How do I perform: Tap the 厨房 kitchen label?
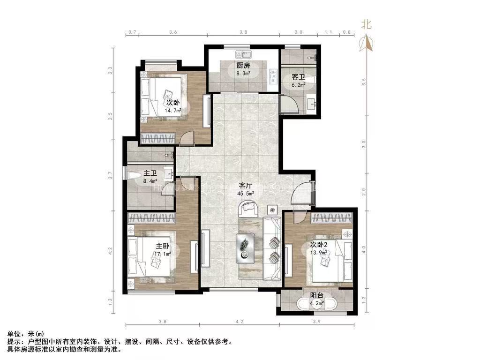(x=243, y=66)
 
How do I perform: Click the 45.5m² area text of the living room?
(x=245, y=193)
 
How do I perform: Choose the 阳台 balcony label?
(x=316, y=295)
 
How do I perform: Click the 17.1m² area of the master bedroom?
(x=162, y=254)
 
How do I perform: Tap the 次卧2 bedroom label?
(x=320, y=244)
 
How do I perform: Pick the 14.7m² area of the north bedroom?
(x=172, y=111)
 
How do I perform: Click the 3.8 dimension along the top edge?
(x=243, y=32)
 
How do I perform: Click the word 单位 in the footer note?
(x=15, y=334)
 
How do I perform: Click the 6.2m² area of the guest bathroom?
(x=299, y=85)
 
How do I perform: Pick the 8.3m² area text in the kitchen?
(x=243, y=73)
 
